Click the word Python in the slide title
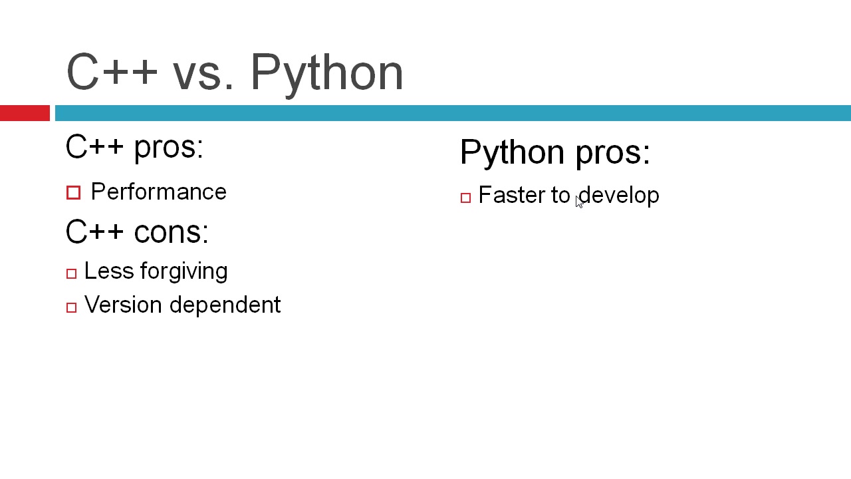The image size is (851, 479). (x=326, y=75)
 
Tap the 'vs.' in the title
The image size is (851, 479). (x=203, y=76)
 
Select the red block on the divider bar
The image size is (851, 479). (x=25, y=113)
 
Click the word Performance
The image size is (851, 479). (x=159, y=191)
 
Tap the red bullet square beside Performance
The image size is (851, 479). (x=73, y=192)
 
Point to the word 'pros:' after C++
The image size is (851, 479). (x=169, y=149)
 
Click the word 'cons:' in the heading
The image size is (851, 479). (x=172, y=232)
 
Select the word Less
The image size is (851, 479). (x=109, y=271)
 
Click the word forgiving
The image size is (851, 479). (x=184, y=272)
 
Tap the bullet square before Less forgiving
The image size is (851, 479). (x=71, y=273)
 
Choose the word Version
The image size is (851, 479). (x=123, y=305)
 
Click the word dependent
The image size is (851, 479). (x=225, y=305)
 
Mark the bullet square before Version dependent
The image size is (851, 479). (x=71, y=307)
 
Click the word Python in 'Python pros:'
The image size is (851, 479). (x=513, y=153)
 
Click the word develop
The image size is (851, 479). (x=619, y=196)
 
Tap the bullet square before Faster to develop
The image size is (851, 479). (x=466, y=198)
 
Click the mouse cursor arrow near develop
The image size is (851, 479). (x=579, y=202)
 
